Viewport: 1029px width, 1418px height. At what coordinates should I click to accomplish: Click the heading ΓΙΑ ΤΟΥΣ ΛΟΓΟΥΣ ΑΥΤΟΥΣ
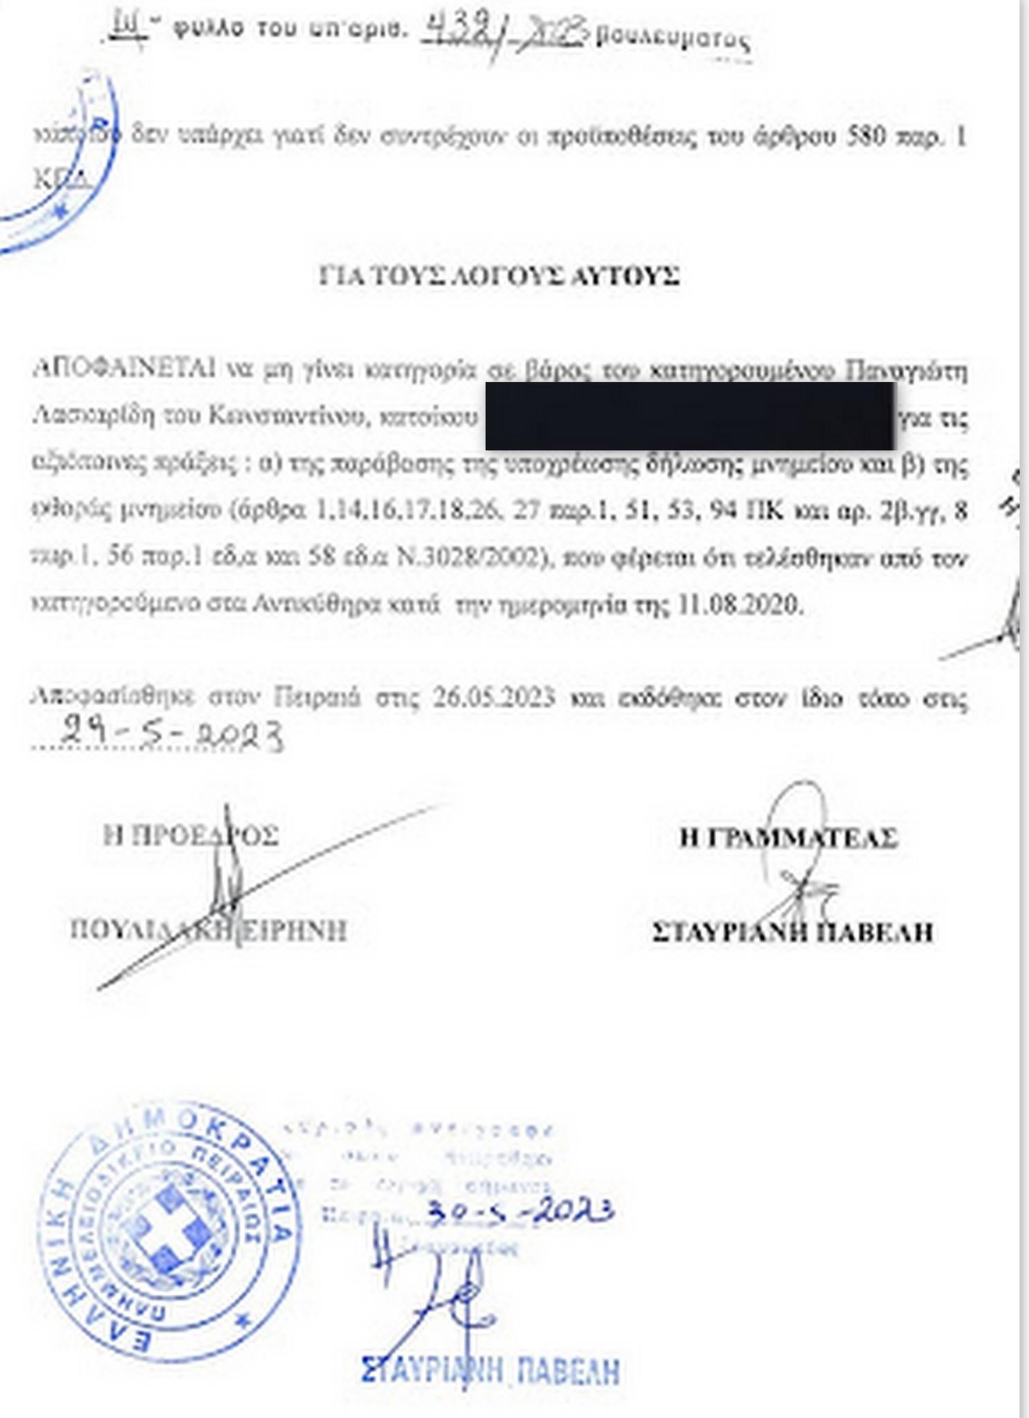point(499,276)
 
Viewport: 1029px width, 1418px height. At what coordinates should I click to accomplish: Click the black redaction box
point(690,416)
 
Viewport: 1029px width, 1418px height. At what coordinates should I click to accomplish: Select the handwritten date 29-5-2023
point(172,734)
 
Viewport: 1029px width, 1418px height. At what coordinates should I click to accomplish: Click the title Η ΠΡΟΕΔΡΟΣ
point(190,835)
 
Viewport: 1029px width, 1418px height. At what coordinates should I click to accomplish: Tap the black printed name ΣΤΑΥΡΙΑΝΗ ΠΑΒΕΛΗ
point(792,932)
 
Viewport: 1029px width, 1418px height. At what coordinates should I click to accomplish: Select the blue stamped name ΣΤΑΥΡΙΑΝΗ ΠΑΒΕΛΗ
point(490,1370)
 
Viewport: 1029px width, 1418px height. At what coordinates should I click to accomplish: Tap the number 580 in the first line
point(866,136)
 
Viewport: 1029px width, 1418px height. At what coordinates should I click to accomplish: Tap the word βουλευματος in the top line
point(672,39)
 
